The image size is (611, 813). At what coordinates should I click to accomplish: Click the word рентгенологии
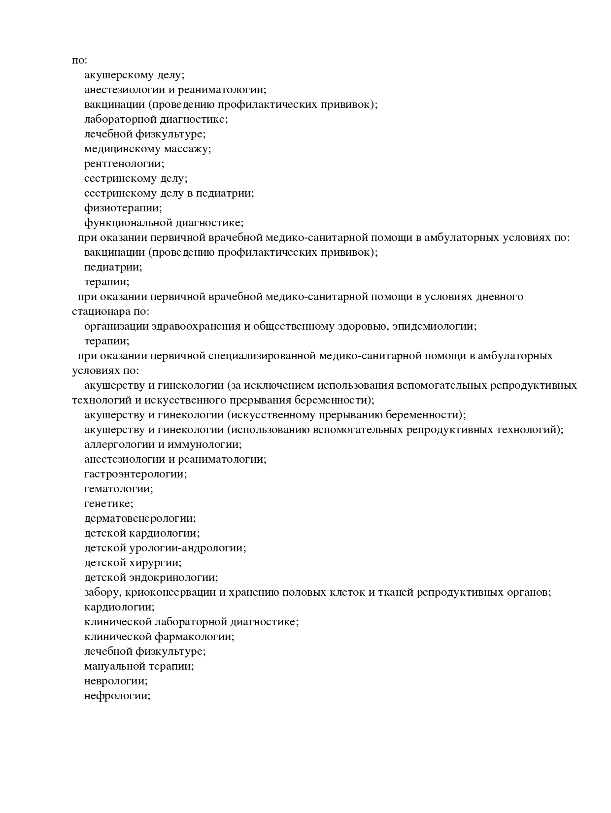pyautogui.click(x=124, y=164)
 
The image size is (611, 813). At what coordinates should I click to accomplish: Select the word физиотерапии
pyautogui.click(x=122, y=208)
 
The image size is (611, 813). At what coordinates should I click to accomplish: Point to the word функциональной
pyautogui.click(x=124, y=223)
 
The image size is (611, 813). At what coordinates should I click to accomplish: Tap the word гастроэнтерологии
pyautogui.click(x=135, y=474)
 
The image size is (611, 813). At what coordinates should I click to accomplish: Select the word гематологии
pyautogui.click(x=118, y=489)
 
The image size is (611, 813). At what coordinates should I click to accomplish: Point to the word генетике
pyautogui.click(x=108, y=504)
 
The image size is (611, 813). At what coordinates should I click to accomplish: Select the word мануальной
pyautogui.click(x=115, y=666)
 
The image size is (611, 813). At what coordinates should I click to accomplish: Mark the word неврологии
pyautogui.click(x=116, y=681)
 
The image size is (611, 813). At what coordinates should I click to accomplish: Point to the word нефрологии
pyautogui.click(x=117, y=696)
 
